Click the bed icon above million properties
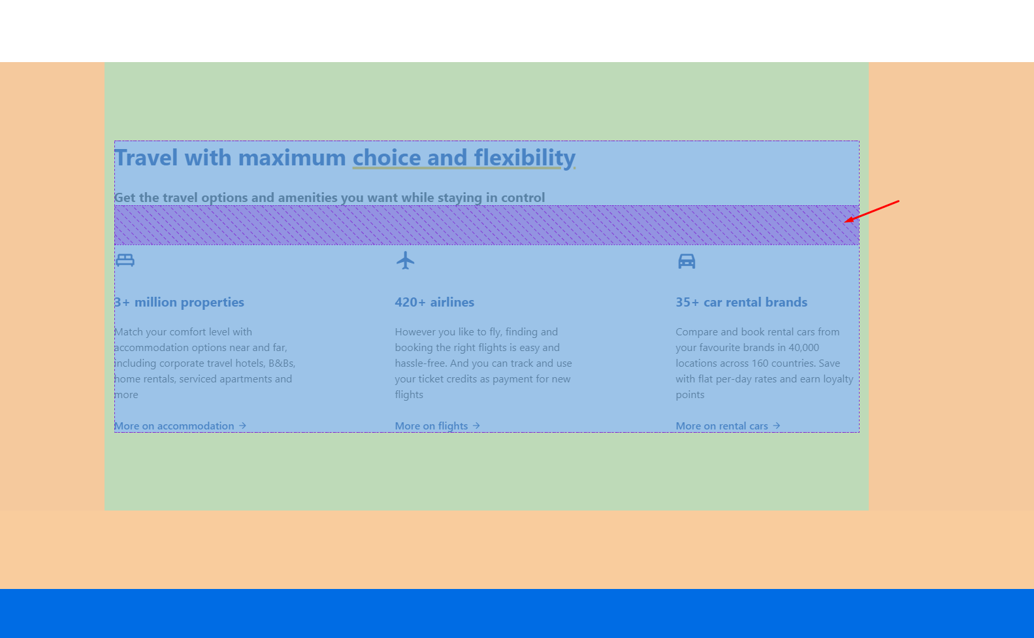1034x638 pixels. pyautogui.click(x=125, y=261)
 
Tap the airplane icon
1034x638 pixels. pyautogui.click(x=405, y=261)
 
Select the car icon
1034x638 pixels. pyautogui.click(x=687, y=261)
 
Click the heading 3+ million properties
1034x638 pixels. pyautogui.click(x=179, y=302)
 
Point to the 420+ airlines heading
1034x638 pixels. pyautogui.click(x=434, y=302)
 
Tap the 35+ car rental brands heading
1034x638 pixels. pyautogui.click(x=741, y=302)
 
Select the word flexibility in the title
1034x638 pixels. pyautogui.click(x=525, y=158)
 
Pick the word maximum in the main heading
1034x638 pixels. pyautogui.click(x=292, y=158)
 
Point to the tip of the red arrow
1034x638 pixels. pyautogui.click(x=845, y=222)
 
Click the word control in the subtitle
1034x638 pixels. pyautogui.click(x=523, y=197)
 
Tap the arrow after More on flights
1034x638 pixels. pyautogui.click(x=476, y=426)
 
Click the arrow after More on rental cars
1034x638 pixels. pyautogui.click(x=777, y=426)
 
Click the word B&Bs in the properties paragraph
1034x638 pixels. pyautogui.click(x=282, y=363)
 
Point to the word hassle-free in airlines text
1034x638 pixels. pyautogui.click(x=421, y=363)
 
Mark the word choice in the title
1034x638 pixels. pyautogui.click(x=387, y=158)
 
